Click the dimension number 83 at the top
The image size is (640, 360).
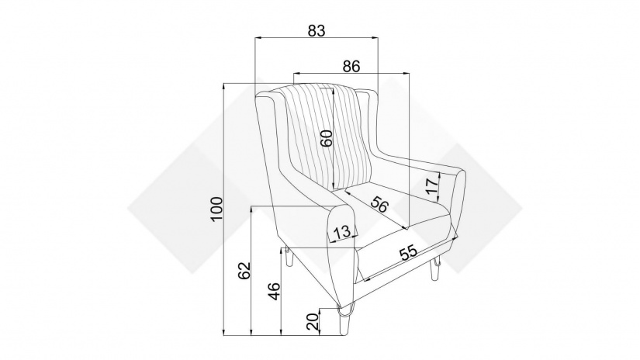[317, 30]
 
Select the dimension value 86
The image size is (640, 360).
[351, 66]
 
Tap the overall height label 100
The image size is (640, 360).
[216, 209]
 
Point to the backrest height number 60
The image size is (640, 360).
[326, 138]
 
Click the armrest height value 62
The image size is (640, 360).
[244, 270]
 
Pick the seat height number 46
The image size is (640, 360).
[275, 291]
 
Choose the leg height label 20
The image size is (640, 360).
[313, 322]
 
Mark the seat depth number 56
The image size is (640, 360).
[379, 204]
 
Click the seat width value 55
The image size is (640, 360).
[409, 253]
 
